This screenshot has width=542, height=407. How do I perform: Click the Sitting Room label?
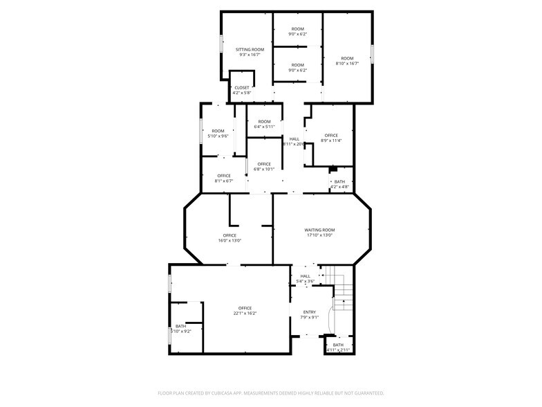(x=250, y=50)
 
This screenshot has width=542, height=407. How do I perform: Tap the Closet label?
(x=242, y=87)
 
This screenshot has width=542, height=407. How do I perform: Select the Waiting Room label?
(x=319, y=230)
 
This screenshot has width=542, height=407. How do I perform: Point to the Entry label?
(x=309, y=312)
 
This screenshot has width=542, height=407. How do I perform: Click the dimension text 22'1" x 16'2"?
(x=245, y=314)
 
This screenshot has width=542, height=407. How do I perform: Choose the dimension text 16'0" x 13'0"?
(x=230, y=241)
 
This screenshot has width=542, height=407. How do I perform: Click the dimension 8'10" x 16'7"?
(x=346, y=64)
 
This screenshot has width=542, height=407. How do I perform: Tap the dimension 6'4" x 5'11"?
(x=264, y=127)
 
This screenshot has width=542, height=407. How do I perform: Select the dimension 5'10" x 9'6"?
(x=218, y=136)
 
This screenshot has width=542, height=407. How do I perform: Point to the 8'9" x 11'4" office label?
(x=331, y=141)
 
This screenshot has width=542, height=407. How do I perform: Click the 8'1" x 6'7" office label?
(x=223, y=181)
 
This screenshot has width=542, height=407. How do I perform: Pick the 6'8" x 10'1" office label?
(x=264, y=169)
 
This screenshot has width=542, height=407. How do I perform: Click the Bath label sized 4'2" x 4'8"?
(x=339, y=182)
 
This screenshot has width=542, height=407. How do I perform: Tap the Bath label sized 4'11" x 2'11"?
(x=338, y=345)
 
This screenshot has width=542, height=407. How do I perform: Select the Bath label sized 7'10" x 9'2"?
(x=180, y=326)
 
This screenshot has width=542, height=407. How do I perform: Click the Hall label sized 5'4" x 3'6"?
(x=305, y=276)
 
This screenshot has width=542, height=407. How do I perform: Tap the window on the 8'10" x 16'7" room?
(x=372, y=54)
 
